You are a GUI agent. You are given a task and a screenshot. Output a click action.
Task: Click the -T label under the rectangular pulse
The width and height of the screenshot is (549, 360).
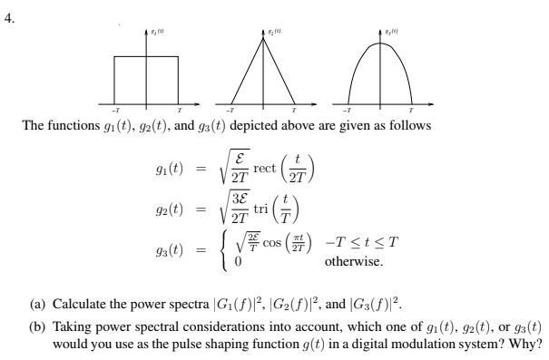coord(112,109)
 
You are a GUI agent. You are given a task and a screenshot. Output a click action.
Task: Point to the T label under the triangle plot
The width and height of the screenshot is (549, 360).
coord(297,109)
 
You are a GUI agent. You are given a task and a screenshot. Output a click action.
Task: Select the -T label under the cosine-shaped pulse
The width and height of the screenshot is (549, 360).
coord(348,109)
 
